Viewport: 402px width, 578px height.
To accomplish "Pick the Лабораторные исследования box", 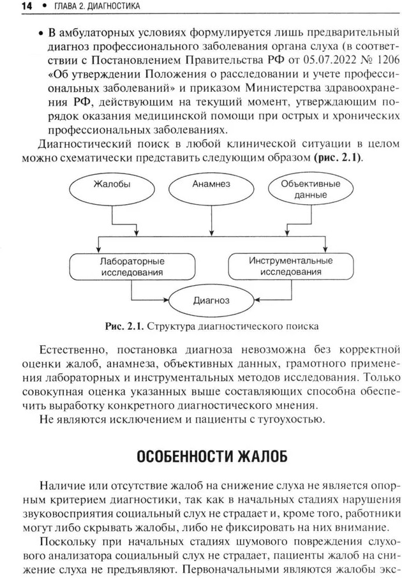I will coord(133,267).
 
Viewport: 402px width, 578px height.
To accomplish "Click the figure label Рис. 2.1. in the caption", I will coord(123,327).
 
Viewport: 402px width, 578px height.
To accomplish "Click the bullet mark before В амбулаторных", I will coord(41,32).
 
